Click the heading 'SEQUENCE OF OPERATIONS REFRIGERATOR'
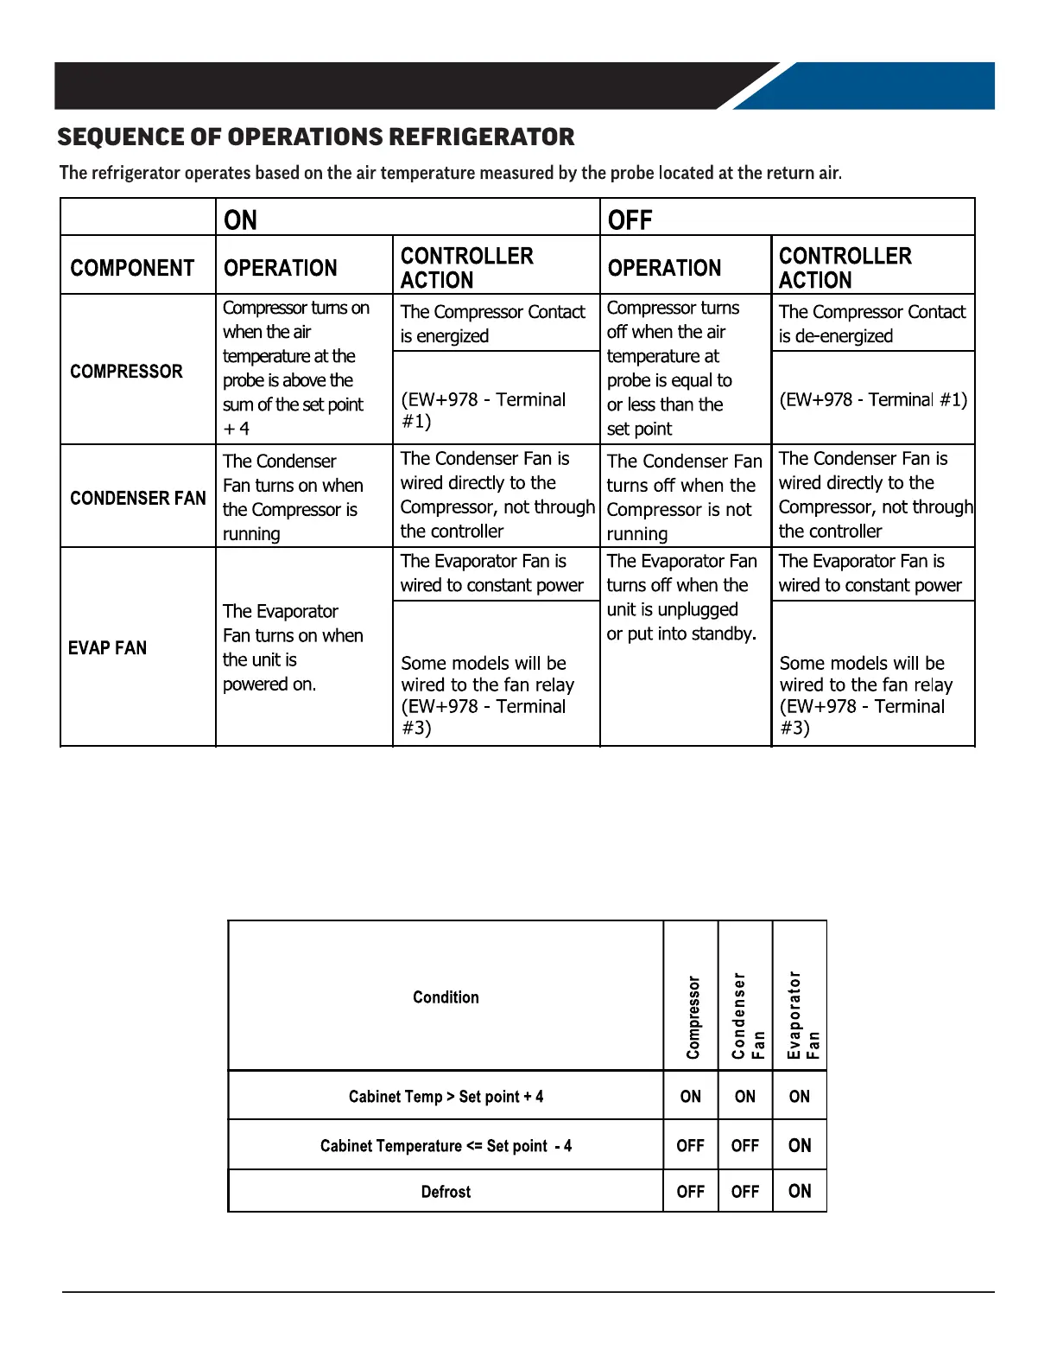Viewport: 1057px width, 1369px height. [315, 137]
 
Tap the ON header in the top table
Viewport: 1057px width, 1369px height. [240, 220]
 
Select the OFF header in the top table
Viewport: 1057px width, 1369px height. [630, 220]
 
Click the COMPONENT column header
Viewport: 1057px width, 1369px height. [132, 268]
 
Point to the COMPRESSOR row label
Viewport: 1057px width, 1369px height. [126, 372]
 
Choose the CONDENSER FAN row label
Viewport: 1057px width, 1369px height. [138, 498]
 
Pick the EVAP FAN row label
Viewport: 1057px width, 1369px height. [107, 648]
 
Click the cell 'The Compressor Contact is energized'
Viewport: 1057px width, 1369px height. [492, 324]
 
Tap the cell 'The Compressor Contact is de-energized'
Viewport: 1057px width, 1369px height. [871, 324]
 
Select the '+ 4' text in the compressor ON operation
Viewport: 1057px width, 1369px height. [236, 429]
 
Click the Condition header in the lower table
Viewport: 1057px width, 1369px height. [446, 997]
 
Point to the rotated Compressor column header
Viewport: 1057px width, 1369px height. [693, 1017]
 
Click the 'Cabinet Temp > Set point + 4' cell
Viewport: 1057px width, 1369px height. [446, 1097]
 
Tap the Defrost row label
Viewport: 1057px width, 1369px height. [446, 1192]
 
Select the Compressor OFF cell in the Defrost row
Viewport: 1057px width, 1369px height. [691, 1192]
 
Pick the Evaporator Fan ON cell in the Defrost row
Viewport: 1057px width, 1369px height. [800, 1191]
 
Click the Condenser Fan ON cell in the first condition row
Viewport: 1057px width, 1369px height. [745, 1097]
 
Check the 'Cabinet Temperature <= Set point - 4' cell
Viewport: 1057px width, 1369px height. [446, 1146]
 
